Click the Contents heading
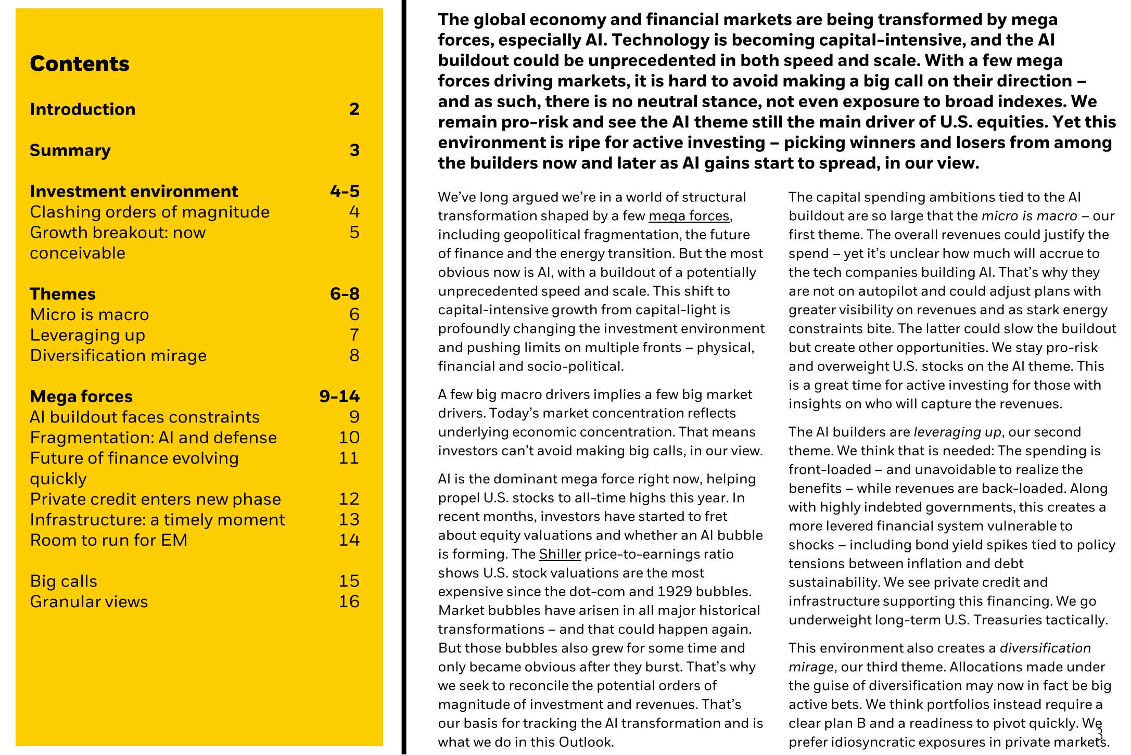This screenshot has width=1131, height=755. point(80,64)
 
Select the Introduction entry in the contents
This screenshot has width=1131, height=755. point(83,109)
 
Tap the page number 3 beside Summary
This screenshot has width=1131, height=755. point(354,150)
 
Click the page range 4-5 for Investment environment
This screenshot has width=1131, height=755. point(345,191)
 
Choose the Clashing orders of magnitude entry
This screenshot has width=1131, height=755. point(149,212)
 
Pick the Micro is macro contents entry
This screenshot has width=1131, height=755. point(90,315)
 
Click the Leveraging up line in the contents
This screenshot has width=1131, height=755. point(87,335)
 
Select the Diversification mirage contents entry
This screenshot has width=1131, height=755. point(118,356)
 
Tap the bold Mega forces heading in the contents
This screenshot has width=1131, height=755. point(81,396)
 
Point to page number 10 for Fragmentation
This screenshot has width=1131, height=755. point(349,438)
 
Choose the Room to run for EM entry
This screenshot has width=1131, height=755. point(108,540)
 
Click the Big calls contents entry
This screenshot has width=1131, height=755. point(63,581)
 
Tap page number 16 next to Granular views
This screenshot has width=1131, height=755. point(349,602)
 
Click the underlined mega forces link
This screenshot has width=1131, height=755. point(689,216)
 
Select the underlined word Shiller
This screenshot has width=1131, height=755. point(560,554)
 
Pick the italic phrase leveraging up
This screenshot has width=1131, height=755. point(957,432)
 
